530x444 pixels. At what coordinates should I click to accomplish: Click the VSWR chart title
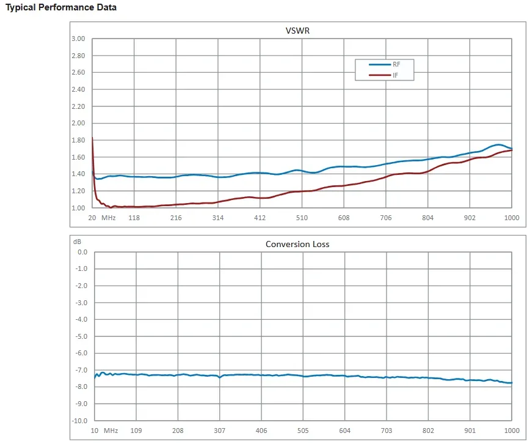point(297,31)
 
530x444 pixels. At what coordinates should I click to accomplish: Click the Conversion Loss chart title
point(297,244)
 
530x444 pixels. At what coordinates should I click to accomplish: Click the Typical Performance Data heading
point(61,7)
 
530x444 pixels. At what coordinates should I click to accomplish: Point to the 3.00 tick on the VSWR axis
point(78,39)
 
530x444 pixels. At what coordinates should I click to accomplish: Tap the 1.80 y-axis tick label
point(78,140)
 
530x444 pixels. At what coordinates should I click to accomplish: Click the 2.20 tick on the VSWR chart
point(78,106)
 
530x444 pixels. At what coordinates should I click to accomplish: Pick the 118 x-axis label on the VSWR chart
point(134,218)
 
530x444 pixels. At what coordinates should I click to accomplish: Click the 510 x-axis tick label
point(302,218)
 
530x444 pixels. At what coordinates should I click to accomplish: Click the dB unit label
point(78,242)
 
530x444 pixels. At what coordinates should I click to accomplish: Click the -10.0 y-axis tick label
point(80,421)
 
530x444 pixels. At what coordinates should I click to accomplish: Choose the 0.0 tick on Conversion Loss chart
point(82,252)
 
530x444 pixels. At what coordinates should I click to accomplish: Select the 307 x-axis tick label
point(219,431)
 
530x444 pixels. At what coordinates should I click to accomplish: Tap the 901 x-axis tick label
point(470,431)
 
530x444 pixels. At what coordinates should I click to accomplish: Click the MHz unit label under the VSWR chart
point(109,218)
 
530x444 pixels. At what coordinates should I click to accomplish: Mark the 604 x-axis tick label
point(344,431)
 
